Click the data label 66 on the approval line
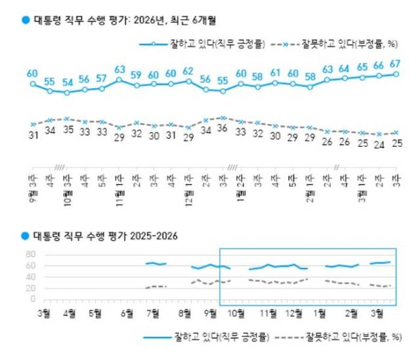coord(379,66)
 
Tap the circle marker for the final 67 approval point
coord(396,74)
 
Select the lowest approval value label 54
coord(67,83)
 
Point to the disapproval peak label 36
coord(223,129)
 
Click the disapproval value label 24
coord(379,146)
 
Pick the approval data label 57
coord(101,78)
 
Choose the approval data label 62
coord(188,71)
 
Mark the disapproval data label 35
coord(67,130)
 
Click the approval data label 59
coord(136,74)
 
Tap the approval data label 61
coord(275,72)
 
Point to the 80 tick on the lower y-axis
coord(30,254)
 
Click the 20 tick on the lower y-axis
coord(30,288)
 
